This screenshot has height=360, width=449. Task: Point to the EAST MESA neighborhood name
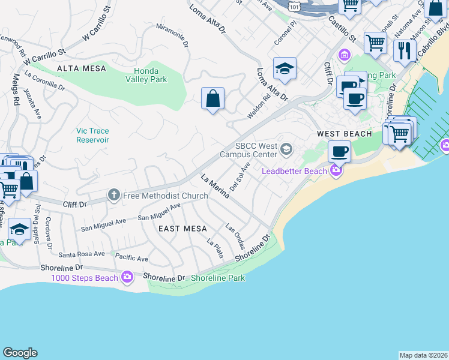click(x=182, y=229)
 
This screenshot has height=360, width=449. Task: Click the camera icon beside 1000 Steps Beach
click(x=127, y=277)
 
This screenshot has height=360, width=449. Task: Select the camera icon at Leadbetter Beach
click(x=335, y=171)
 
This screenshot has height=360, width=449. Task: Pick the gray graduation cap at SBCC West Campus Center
click(x=287, y=148)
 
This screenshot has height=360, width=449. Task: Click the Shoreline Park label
click(x=218, y=278)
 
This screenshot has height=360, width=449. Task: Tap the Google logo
click(x=20, y=353)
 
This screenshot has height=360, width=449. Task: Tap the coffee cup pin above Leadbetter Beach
click(x=340, y=151)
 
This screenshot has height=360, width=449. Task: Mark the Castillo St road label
click(x=342, y=29)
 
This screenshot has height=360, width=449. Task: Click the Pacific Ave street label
click(x=132, y=259)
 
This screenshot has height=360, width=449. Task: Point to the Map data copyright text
click(x=423, y=355)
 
